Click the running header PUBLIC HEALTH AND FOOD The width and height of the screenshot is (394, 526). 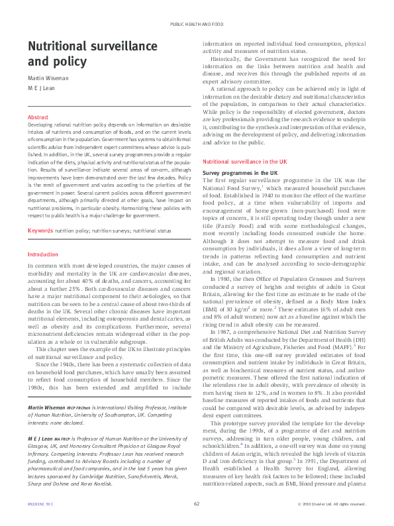197,23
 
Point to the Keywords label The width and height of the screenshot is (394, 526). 40,211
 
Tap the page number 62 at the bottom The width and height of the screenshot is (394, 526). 197,503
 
